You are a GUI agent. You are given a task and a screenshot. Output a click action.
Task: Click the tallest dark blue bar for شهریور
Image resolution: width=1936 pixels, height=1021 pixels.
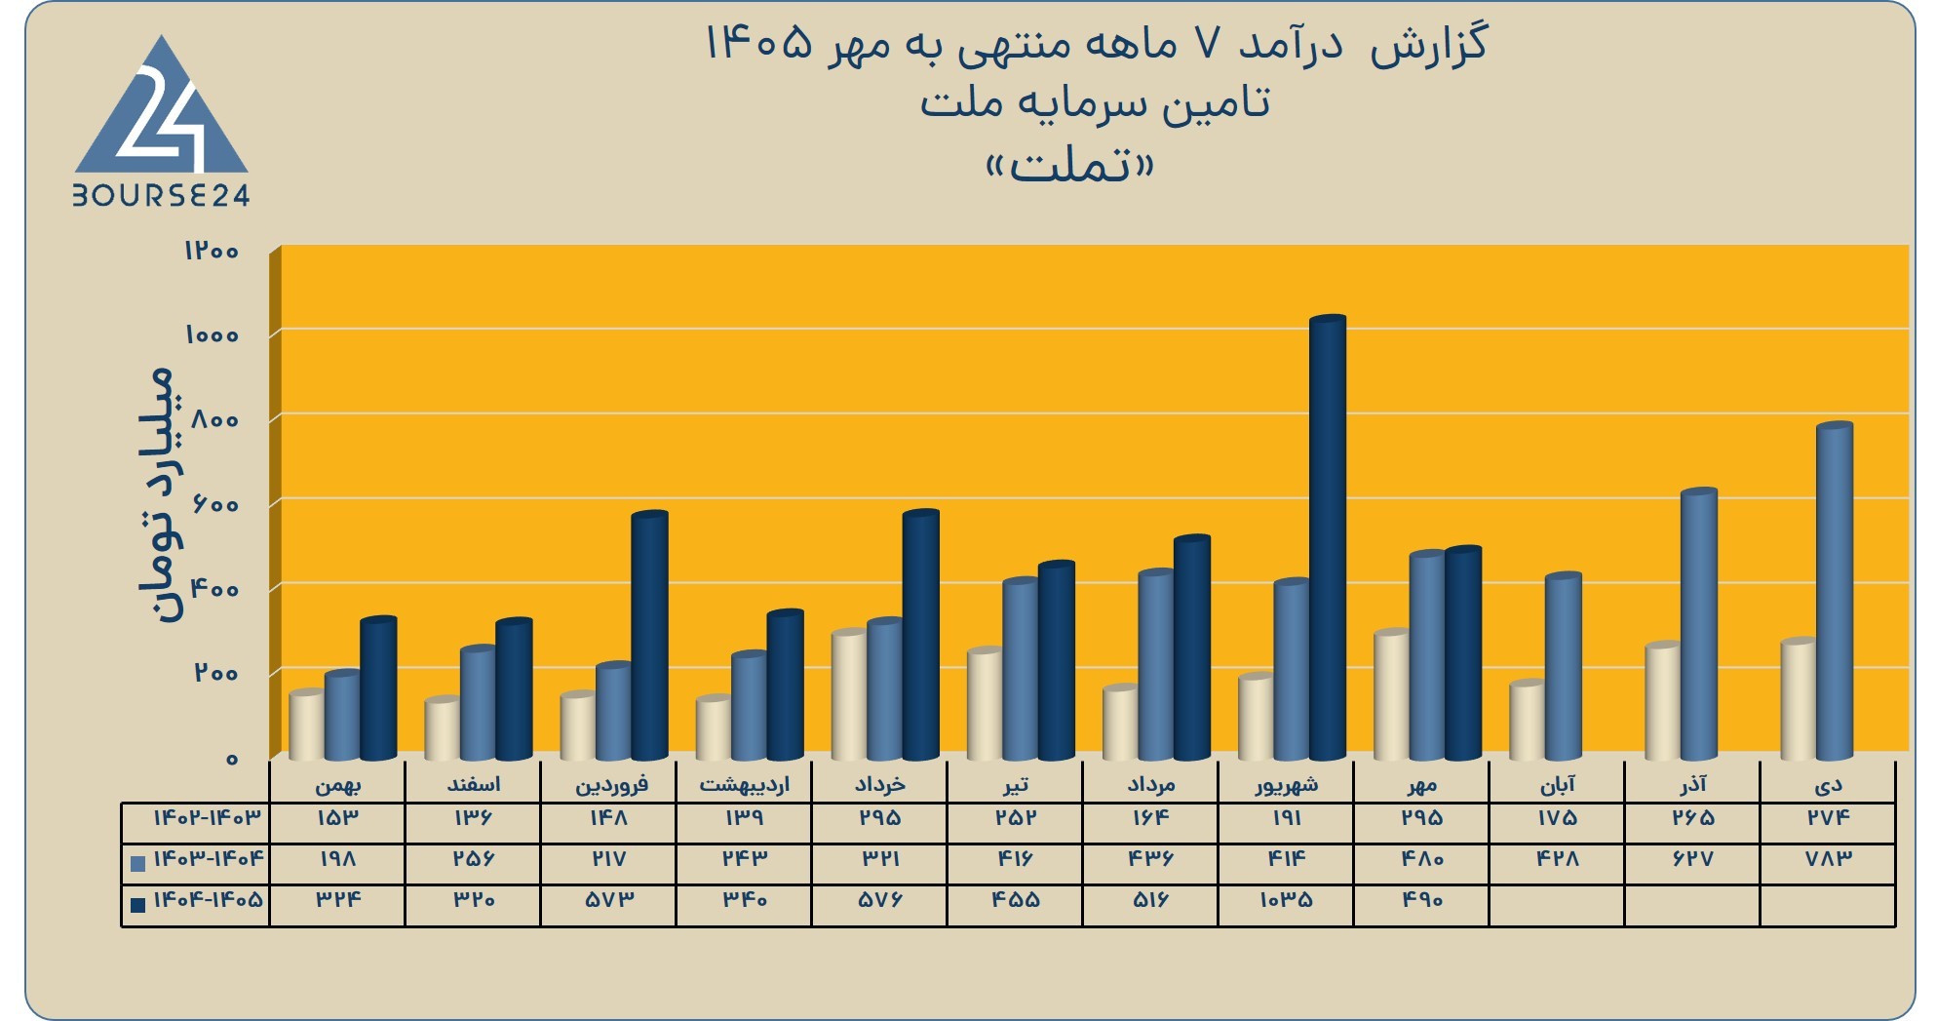click(1328, 537)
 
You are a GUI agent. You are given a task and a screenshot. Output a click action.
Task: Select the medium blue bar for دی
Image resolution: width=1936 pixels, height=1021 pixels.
click(1835, 591)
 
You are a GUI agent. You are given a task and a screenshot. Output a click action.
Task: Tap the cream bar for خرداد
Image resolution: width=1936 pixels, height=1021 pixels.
click(849, 695)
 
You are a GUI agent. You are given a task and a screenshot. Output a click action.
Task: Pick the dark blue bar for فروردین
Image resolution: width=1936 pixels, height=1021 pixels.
click(649, 635)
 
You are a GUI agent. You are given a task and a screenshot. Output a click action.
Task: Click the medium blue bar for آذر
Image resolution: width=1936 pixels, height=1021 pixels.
click(1699, 624)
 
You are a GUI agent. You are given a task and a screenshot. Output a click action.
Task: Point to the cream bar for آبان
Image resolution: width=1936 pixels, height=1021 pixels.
click(1528, 721)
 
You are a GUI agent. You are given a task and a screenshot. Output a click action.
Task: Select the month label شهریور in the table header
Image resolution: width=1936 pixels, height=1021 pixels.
click(1287, 785)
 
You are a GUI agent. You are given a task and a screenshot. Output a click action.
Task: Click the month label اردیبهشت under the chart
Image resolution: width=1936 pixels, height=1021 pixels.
click(744, 785)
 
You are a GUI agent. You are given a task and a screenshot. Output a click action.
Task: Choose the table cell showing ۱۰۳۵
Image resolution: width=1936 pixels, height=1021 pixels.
click(1287, 900)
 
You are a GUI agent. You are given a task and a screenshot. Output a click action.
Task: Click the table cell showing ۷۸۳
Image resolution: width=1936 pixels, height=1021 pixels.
click(1829, 859)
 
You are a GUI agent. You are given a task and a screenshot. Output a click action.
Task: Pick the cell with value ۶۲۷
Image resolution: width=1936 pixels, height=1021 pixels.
click(1693, 859)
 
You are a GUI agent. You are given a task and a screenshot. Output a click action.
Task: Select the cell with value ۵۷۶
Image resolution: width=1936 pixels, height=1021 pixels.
click(880, 900)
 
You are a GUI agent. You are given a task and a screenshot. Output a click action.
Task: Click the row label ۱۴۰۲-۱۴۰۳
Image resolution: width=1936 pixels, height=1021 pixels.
click(208, 817)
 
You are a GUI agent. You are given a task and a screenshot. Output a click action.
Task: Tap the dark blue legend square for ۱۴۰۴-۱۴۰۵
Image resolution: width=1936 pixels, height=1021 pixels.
click(137, 904)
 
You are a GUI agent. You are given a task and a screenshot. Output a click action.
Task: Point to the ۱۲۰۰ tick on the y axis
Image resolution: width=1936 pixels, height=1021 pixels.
click(212, 251)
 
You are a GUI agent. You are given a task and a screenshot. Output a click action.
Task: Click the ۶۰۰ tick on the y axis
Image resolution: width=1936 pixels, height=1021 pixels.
click(215, 504)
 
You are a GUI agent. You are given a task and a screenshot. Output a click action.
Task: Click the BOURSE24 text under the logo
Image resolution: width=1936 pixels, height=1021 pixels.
click(161, 196)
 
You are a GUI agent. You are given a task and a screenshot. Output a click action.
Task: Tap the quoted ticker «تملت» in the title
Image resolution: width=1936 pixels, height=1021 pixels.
click(1070, 166)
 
